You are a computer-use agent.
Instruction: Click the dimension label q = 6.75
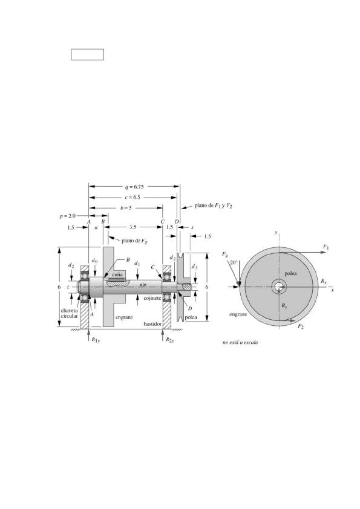[134, 187]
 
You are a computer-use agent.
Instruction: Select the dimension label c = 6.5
[132, 197]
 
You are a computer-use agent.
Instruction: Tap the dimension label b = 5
[126, 208]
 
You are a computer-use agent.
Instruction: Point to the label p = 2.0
[68, 216]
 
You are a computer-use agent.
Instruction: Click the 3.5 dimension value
[133, 227]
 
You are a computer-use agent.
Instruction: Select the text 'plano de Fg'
[134, 241]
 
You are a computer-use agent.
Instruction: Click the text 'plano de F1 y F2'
[213, 206]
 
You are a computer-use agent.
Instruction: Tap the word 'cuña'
[117, 274]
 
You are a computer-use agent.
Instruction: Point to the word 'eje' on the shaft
[143, 284]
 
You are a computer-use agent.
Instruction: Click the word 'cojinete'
[152, 297]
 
